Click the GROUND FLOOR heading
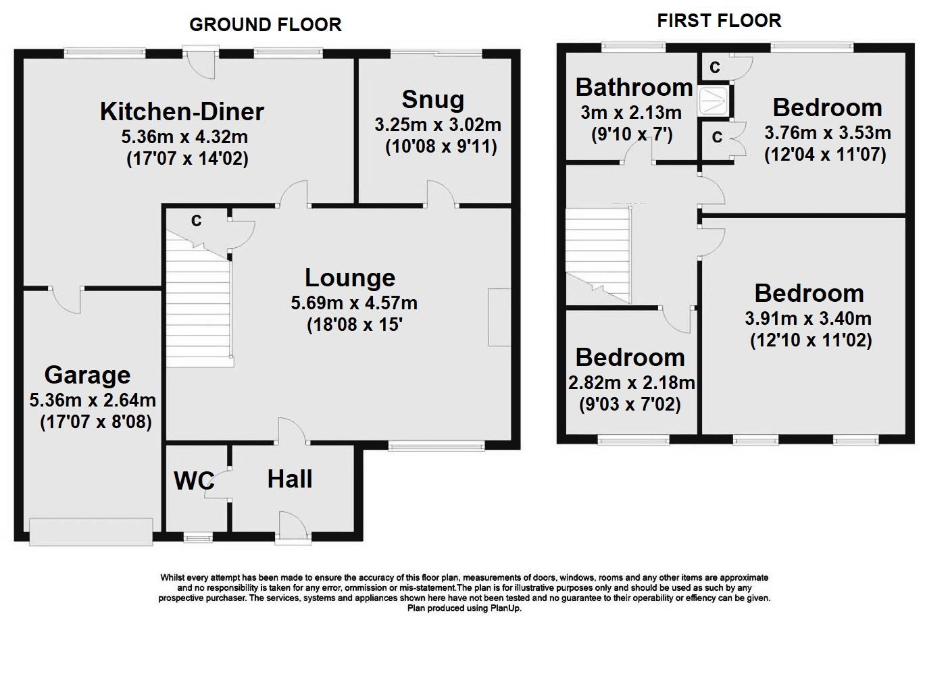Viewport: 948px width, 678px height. [x=265, y=25]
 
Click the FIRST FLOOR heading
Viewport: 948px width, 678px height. [x=719, y=21]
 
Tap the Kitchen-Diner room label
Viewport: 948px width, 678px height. [x=182, y=111]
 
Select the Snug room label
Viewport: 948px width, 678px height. [x=432, y=100]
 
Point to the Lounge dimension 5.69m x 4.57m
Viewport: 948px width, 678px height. [x=353, y=303]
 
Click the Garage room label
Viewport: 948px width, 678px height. [x=87, y=375]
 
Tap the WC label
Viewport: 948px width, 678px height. [x=194, y=481]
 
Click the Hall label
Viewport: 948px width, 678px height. [x=290, y=479]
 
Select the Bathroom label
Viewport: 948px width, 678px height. [x=634, y=88]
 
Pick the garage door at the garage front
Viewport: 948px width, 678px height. [x=91, y=531]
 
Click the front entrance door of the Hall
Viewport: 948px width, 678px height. [x=293, y=529]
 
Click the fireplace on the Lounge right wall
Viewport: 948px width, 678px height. [x=499, y=317]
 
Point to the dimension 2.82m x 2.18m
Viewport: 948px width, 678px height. [x=631, y=383]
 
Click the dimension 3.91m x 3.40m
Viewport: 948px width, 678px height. [x=808, y=318]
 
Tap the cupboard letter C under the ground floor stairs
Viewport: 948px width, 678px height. [x=196, y=221]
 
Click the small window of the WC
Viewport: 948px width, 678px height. [x=198, y=538]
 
